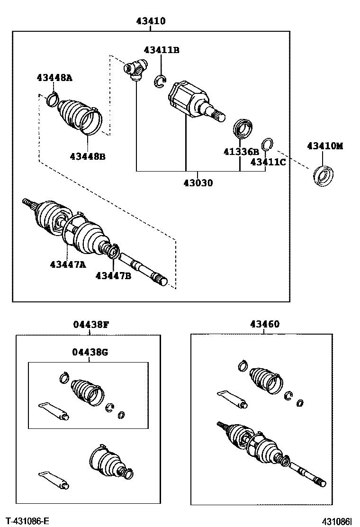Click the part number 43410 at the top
151,21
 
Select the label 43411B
162,50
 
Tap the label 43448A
54,78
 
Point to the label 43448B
88,156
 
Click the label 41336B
241,152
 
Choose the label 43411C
268,162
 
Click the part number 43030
198,183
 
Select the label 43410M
324,146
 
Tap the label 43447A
68,264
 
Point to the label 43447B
113,275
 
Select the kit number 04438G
90,352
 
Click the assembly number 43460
264,325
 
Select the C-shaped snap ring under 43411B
160,82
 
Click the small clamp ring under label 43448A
52,100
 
